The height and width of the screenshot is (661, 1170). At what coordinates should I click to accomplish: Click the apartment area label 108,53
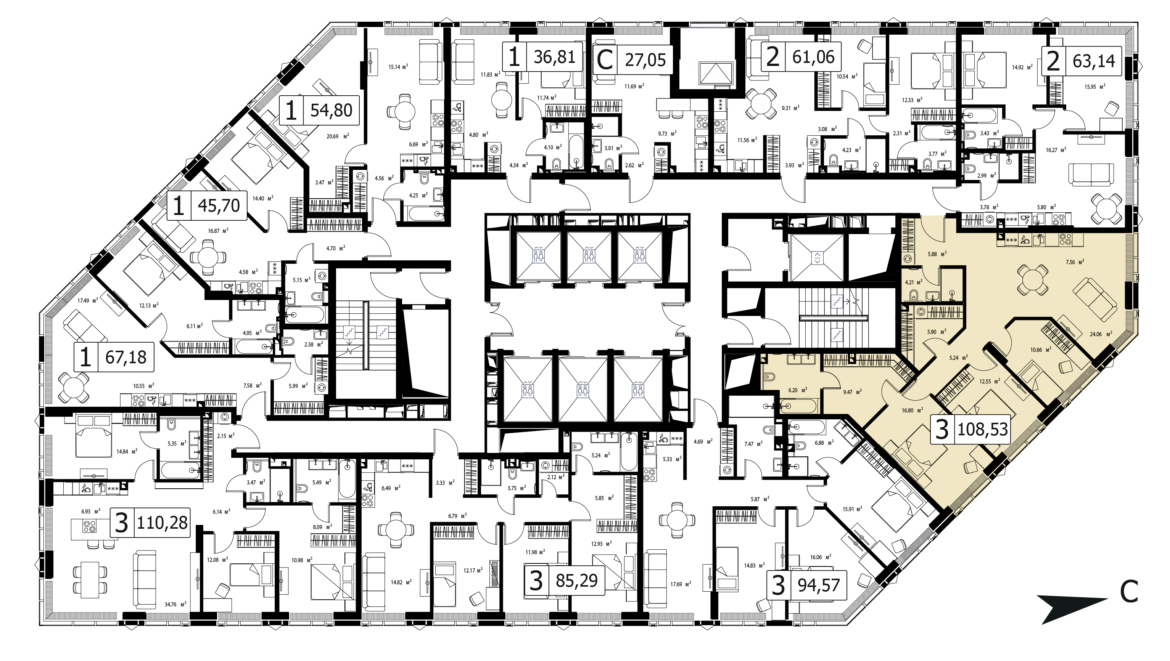pyautogui.click(x=983, y=429)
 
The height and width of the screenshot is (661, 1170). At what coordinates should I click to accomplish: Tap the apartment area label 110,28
pyautogui.click(x=162, y=523)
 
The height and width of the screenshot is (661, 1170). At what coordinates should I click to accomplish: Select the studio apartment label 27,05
pyautogui.click(x=645, y=59)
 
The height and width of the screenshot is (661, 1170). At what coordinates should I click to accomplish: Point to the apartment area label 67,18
pyautogui.click(x=126, y=357)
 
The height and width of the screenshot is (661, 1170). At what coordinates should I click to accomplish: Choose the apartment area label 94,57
pyautogui.click(x=819, y=586)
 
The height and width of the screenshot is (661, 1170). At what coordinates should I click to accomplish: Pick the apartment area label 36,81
pyautogui.click(x=555, y=57)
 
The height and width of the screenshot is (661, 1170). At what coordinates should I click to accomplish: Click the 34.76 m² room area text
pyautogui.click(x=177, y=604)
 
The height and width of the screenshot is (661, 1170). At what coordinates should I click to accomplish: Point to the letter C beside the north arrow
pyautogui.click(x=1129, y=592)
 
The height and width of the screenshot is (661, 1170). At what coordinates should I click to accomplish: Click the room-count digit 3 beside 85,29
pyautogui.click(x=536, y=581)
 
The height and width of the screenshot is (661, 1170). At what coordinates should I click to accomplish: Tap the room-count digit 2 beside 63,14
pyautogui.click(x=1053, y=61)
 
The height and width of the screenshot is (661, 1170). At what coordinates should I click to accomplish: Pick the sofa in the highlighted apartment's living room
pyautogui.click(x=1095, y=299)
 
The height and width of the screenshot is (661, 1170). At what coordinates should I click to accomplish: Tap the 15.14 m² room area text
pyautogui.click(x=398, y=66)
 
